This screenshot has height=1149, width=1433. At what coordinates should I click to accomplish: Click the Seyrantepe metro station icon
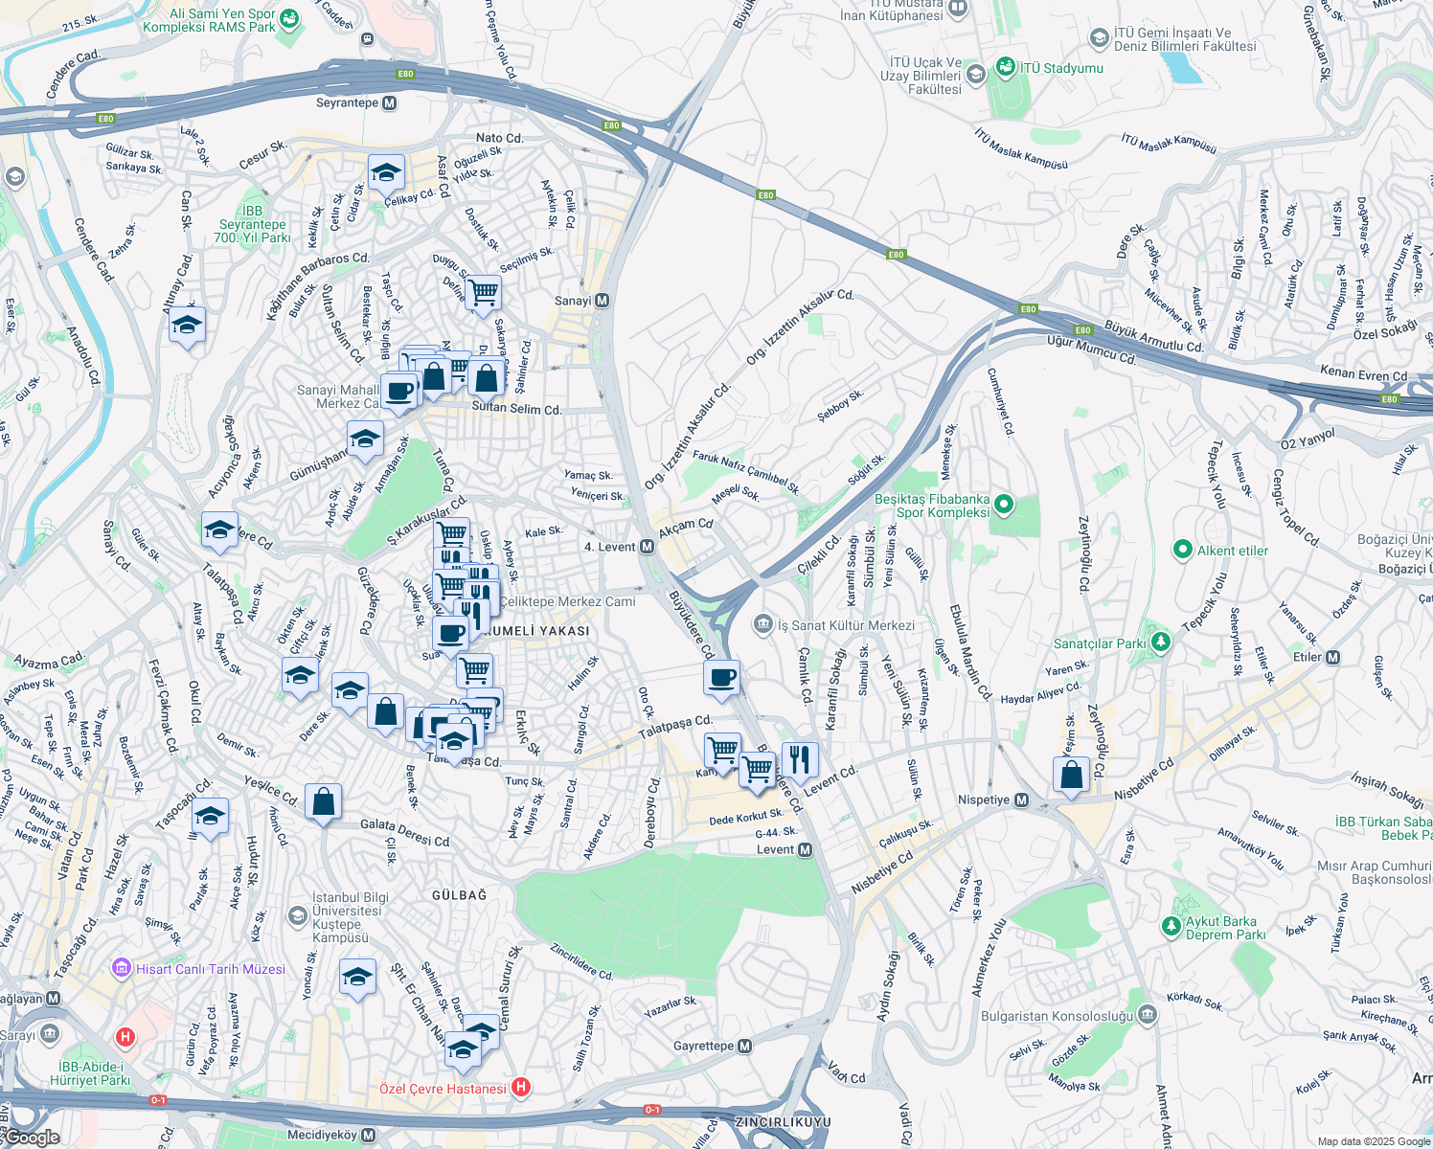pos(389,103)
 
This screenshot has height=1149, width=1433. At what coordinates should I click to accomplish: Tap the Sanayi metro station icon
pos(602,301)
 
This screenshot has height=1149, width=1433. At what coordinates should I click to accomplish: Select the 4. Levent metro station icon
pos(647,547)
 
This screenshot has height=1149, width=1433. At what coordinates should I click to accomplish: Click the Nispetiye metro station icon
pos(1021,800)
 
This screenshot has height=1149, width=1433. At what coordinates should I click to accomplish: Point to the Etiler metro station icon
pos(1332,657)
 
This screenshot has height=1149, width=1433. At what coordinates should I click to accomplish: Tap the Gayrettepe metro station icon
pos(744,1046)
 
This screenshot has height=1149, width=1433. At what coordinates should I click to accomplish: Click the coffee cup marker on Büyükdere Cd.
pos(721,678)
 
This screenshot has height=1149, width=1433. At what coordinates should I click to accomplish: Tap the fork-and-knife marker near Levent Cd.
pos(799,760)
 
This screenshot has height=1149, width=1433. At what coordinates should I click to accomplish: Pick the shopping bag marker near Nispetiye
pos(1071,774)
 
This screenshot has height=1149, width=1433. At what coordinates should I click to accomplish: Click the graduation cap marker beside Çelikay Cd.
pos(385,173)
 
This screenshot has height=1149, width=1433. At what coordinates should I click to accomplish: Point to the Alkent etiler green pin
pos(1183,551)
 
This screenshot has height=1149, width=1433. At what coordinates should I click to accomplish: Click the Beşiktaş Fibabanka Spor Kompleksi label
pos(931,506)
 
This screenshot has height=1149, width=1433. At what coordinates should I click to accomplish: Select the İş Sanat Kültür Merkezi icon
pos(762,625)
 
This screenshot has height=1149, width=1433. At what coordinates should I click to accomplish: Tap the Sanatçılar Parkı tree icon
pos(1160,642)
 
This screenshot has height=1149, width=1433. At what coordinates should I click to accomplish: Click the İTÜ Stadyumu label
pos(1061,68)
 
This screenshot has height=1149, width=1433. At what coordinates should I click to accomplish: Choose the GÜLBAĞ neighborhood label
pos(459,895)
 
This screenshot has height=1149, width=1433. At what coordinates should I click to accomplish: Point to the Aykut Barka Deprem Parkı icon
pos(1171,926)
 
